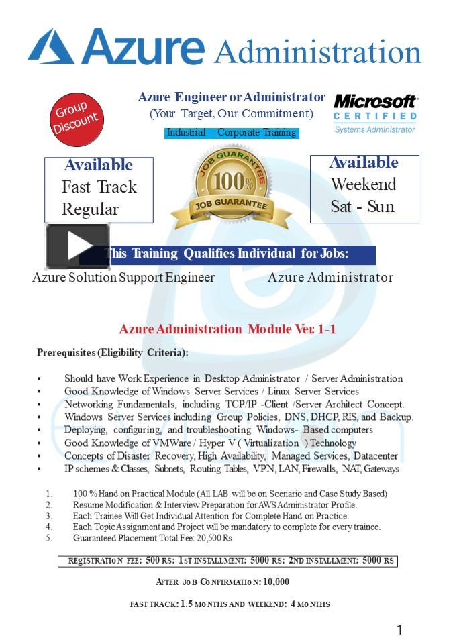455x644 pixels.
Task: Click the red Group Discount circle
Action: pyautogui.click(x=75, y=120)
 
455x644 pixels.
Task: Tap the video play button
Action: pyautogui.click(x=77, y=246)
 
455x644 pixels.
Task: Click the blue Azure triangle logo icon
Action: pyautogui.click(x=51, y=47)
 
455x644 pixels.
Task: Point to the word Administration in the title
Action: pyautogui.click(x=317, y=52)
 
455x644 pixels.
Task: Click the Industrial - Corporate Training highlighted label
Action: pyautogui.click(x=232, y=133)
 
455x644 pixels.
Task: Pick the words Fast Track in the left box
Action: pyautogui.click(x=99, y=187)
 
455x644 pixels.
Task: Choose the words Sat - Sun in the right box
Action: pyautogui.click(x=362, y=207)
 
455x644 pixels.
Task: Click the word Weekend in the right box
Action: pyautogui.click(x=363, y=184)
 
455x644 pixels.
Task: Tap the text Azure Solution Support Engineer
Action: pyautogui.click(x=123, y=278)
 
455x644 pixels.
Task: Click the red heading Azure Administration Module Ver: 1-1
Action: pyautogui.click(x=227, y=329)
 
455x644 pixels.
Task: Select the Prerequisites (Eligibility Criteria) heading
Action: pyautogui.click(x=112, y=352)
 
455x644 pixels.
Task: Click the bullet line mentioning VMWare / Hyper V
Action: pyautogui.click(x=210, y=443)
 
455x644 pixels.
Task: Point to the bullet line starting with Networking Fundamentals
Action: pyautogui.click(x=234, y=405)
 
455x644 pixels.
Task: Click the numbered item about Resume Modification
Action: pyautogui.click(x=215, y=504)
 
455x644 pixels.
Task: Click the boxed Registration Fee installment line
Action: pyautogui.click(x=227, y=560)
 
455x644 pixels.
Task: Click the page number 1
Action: pyautogui.click(x=400, y=629)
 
